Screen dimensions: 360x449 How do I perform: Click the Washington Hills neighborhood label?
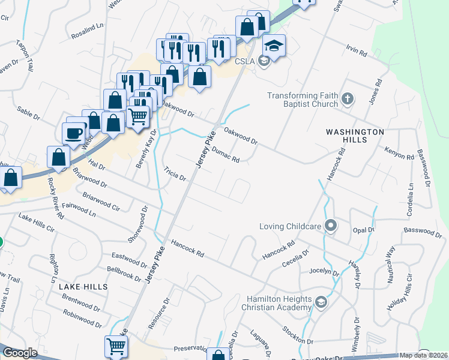point(355,136)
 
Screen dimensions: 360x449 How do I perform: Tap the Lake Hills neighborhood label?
point(83,287)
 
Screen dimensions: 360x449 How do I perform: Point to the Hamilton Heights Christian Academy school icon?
point(321,301)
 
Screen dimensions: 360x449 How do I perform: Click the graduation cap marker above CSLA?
point(273,46)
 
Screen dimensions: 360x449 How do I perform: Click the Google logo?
point(20,353)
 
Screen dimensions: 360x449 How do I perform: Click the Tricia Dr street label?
point(175,175)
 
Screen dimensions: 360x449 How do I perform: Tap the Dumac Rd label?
point(226,155)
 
